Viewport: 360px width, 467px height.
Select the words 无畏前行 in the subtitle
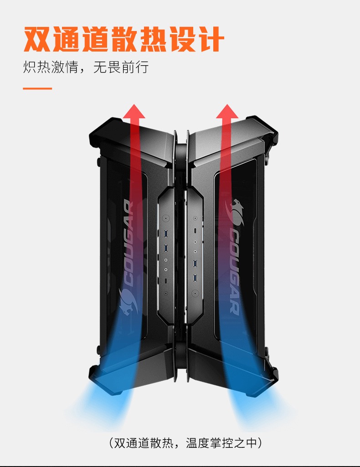(121, 68)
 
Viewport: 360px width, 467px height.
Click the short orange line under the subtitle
(37, 88)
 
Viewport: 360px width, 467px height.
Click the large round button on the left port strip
(165, 219)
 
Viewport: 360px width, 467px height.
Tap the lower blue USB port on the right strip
(195, 278)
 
